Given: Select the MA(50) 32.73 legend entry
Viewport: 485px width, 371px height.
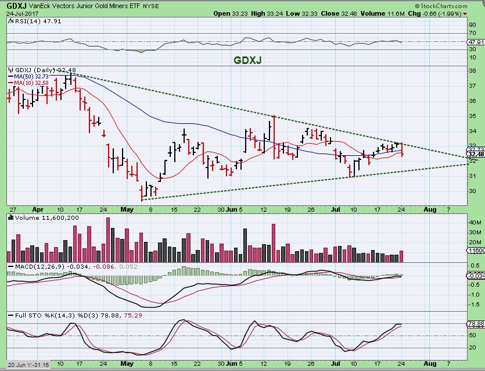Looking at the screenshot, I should coord(28,76).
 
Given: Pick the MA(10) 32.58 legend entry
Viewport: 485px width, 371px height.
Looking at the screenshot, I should coord(28,83).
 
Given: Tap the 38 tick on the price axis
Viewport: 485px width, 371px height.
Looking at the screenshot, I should coord(472,70).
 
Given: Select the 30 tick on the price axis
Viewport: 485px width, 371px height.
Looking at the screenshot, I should coord(472,191).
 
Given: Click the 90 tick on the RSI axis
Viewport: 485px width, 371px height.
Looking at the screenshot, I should coord(472,25).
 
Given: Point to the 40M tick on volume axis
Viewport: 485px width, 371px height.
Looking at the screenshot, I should coord(475,222).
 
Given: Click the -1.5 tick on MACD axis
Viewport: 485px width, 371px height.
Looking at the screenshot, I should coord(474,304).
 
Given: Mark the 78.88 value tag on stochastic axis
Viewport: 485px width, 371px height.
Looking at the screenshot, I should coord(476,323).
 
